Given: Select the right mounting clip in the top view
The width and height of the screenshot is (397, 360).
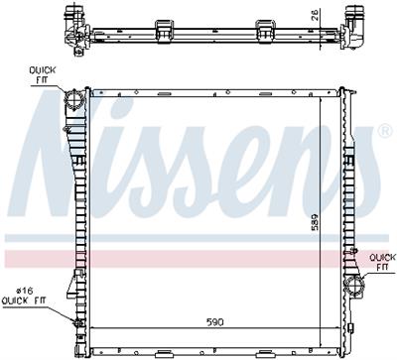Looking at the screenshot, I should click(265, 29).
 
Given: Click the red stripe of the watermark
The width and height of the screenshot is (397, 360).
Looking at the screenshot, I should click(198, 257).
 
